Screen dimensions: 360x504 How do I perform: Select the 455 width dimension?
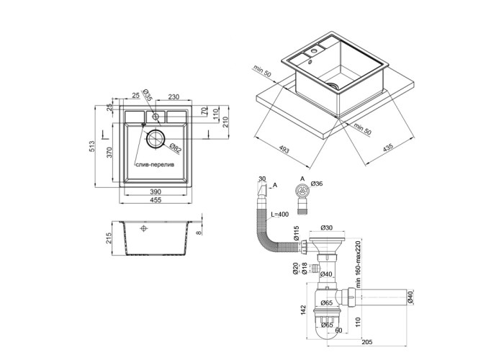click(x=154, y=201)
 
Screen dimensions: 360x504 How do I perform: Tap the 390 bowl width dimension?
click(x=154, y=192)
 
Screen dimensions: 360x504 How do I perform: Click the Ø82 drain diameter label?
click(x=175, y=148)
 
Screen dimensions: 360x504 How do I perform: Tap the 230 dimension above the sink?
click(x=174, y=96)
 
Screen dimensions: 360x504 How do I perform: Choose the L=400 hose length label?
click(x=280, y=215)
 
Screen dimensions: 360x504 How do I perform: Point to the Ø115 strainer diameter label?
click(x=297, y=234)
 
